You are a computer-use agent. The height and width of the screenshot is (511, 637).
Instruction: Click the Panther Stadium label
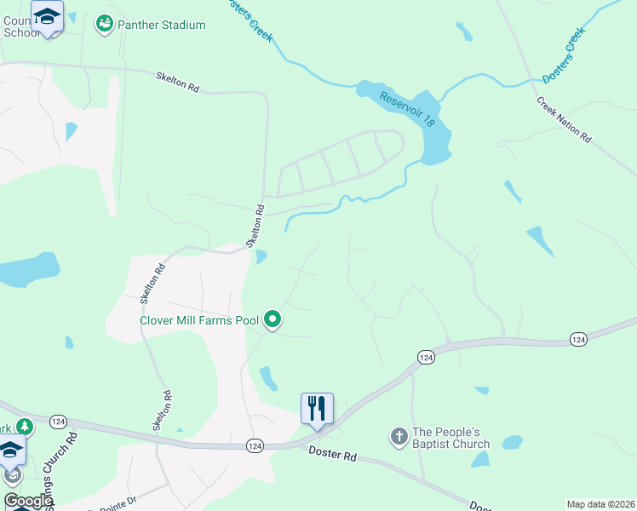(x=162, y=25)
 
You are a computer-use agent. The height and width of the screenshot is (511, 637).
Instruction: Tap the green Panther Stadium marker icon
(x=105, y=25)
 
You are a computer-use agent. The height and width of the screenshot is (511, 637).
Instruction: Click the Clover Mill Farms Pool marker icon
(x=273, y=320)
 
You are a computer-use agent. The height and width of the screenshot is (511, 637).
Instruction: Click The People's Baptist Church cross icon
(x=399, y=438)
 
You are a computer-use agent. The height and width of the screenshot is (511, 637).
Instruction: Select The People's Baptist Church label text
(x=450, y=438)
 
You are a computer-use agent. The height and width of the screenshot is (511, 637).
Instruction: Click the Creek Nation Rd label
(x=564, y=118)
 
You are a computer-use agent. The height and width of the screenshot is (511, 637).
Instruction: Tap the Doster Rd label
(x=332, y=456)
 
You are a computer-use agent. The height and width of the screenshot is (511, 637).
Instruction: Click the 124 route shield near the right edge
(x=578, y=340)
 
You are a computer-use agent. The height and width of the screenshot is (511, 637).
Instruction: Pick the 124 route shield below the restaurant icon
(x=255, y=445)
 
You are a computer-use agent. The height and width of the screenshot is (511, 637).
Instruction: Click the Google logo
(x=27, y=501)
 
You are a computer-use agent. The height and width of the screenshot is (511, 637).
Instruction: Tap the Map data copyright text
(x=600, y=504)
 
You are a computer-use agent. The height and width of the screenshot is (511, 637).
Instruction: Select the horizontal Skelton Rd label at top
(x=177, y=81)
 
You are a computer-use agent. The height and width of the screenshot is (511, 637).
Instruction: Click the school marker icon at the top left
(x=47, y=16)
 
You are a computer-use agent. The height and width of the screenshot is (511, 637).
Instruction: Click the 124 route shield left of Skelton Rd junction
(x=58, y=422)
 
